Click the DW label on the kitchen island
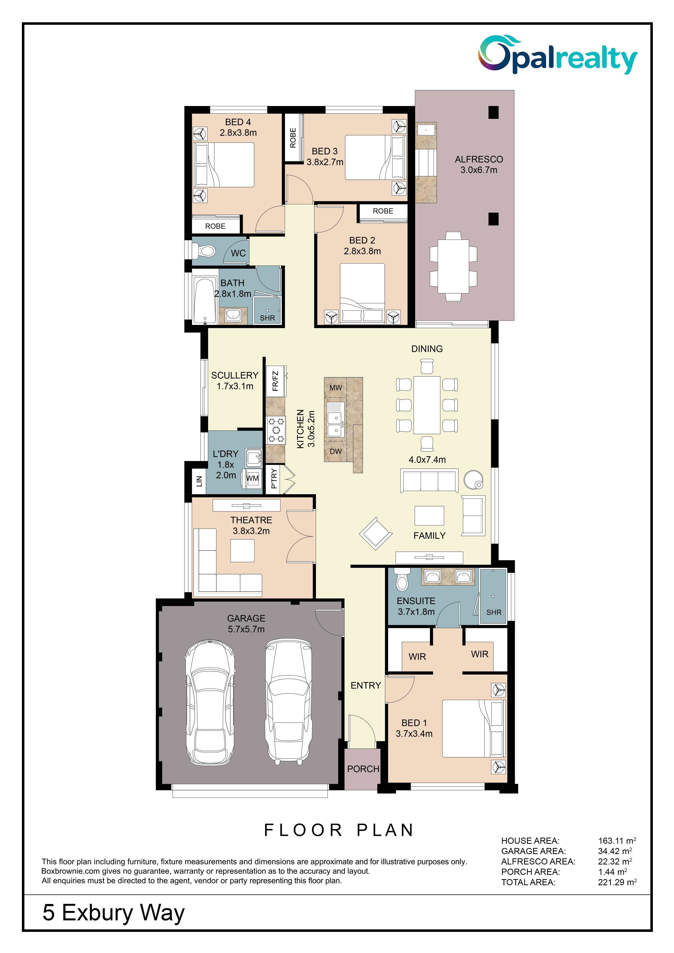pos(335,451)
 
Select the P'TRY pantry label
pos(274,479)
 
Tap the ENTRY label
pos(365,685)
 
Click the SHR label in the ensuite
pos(494,612)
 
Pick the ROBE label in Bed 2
pos(383,211)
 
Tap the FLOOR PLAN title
pos(339,830)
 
